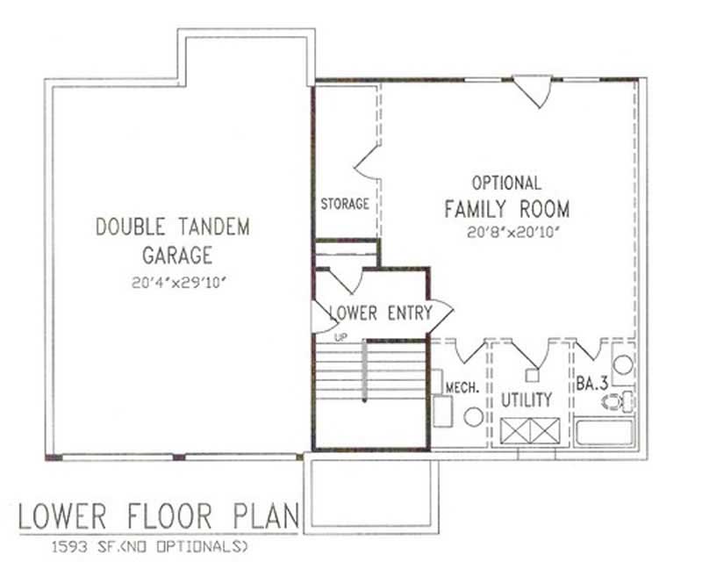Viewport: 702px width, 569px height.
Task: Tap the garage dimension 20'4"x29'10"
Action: click(172, 282)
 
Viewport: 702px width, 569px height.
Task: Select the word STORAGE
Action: click(344, 205)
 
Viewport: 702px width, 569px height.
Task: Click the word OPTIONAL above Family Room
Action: click(506, 184)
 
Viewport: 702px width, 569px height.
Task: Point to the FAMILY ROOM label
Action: click(506, 209)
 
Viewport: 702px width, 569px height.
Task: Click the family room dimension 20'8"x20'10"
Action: click(506, 233)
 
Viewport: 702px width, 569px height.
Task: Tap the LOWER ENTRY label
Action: click(381, 313)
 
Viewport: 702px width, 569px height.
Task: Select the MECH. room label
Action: click(462, 385)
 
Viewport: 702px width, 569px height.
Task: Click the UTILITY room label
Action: click(526, 400)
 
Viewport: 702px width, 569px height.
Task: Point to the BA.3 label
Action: click(590, 384)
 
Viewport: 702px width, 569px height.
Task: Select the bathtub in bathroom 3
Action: click(605, 436)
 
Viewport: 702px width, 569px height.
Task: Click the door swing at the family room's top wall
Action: click(533, 90)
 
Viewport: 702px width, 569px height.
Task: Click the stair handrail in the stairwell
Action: click(363, 372)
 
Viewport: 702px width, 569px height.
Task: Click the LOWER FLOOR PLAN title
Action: click(158, 516)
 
